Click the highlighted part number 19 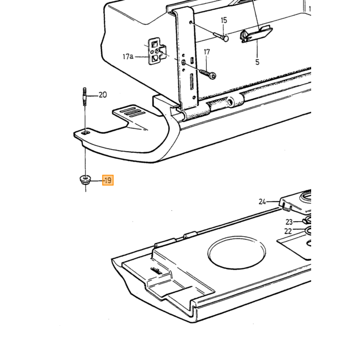108,180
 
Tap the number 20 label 103,95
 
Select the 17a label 128,56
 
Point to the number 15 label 224,20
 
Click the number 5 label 257,62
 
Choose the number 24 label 262,202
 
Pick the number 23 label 289,222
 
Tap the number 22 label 288,231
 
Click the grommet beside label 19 85,180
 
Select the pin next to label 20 85,96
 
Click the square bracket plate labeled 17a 156,51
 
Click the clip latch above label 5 256,34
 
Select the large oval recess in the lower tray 237,252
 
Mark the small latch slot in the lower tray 156,271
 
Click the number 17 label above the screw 207,52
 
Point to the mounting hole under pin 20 86,133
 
